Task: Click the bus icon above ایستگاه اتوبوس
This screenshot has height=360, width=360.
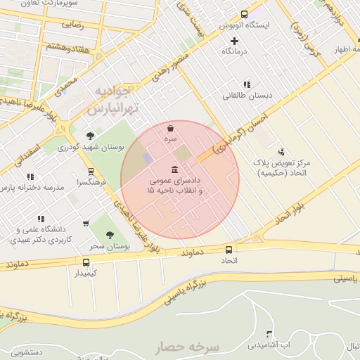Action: (244, 14)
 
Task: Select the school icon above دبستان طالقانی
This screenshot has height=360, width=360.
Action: (247, 84)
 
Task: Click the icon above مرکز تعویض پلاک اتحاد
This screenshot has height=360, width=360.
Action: (282, 152)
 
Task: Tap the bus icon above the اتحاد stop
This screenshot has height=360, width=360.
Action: (229, 250)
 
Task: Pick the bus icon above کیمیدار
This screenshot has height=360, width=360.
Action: (86, 262)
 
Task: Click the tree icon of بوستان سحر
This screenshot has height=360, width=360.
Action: (109, 235)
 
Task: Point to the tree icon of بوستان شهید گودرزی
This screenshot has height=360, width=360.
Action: (90, 136)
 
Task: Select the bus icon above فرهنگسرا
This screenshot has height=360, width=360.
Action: (91, 171)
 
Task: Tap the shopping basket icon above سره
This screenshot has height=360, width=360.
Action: (172, 129)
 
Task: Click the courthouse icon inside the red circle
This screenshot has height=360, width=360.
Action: (174, 169)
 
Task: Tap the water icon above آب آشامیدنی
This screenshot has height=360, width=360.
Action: (269, 334)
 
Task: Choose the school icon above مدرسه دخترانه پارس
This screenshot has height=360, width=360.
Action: (30, 177)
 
